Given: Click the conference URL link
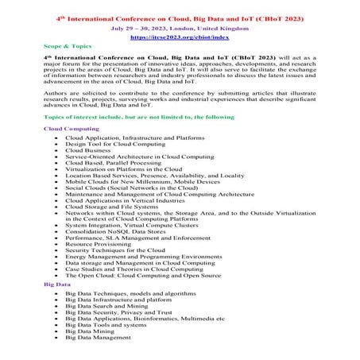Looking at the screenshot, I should pos(180,37).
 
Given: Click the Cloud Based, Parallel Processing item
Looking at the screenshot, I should pos(116,162).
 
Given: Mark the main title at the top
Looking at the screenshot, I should pos(180,15).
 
